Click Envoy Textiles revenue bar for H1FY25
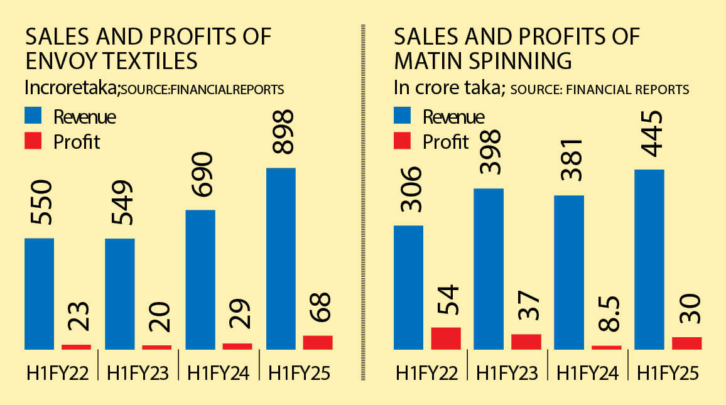pyautogui.click(x=281, y=258)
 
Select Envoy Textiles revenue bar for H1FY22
pyautogui.click(x=39, y=293)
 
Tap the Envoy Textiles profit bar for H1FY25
pyautogui.click(x=317, y=342)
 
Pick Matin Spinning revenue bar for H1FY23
pyautogui.click(x=489, y=268)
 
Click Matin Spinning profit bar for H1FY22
pyautogui.click(x=446, y=338)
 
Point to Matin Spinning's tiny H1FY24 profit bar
pyautogui.click(x=607, y=347)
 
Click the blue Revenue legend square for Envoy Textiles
pyautogui.click(x=34, y=116)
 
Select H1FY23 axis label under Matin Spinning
pyautogui.click(x=507, y=373)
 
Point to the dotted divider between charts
pyautogui.click(x=364, y=201)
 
